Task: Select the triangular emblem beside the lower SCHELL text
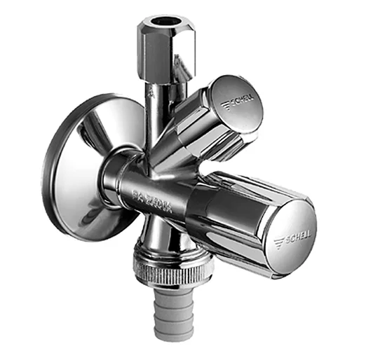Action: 279,242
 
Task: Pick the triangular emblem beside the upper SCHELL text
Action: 226,106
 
